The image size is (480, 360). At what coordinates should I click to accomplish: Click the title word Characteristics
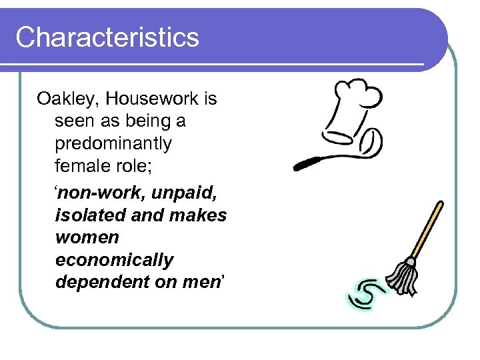[107, 37]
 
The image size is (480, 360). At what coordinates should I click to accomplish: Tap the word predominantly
[113, 143]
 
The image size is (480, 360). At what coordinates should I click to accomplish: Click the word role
[133, 165]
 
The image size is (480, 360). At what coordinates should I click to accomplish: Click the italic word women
[87, 237]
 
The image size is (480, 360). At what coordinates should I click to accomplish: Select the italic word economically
[114, 260]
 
